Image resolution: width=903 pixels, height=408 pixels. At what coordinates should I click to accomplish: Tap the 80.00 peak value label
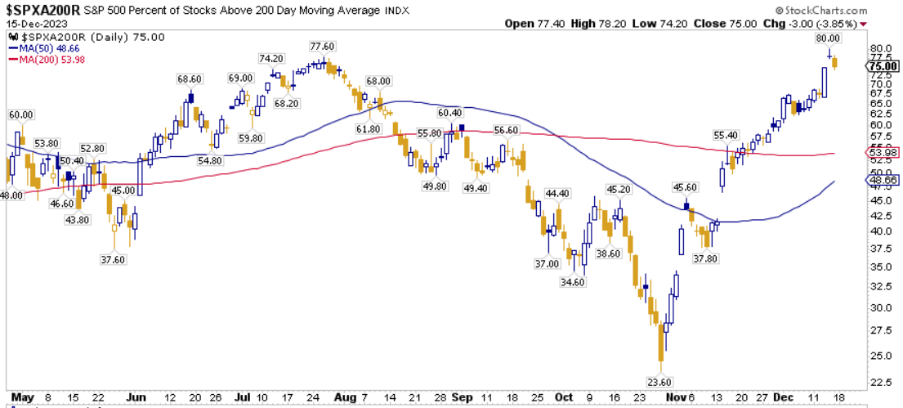pos(828,38)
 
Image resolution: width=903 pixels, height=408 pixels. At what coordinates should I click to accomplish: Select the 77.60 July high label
pos(321,47)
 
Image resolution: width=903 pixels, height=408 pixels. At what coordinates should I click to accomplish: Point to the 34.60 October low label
pos(574,282)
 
